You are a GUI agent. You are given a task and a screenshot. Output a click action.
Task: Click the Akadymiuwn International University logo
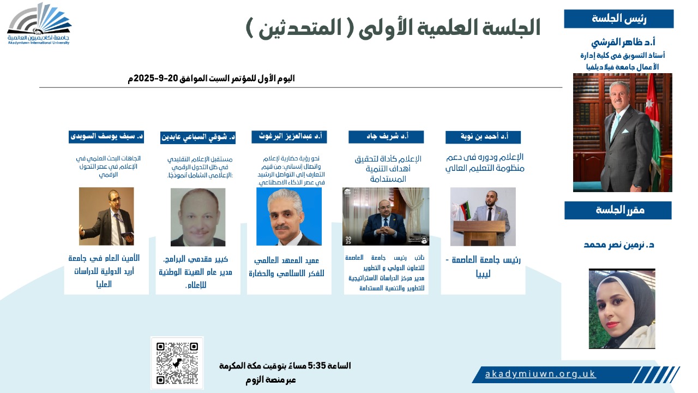coord(39,24)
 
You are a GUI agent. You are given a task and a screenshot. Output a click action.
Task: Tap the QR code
coord(177,363)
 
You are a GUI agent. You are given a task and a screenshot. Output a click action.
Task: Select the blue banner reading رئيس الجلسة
coord(618,19)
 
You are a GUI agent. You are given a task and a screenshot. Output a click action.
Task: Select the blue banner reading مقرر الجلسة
coord(618,210)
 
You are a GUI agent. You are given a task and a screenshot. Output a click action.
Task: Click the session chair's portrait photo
coord(622,133)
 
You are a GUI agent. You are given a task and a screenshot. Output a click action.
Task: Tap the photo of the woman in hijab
coord(622,308)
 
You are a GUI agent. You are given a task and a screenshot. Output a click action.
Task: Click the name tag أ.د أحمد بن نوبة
coord(483,137)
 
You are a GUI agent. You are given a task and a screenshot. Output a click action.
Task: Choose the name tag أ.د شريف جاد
coord(386,137)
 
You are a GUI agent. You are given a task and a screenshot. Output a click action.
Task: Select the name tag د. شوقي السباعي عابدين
coord(198,137)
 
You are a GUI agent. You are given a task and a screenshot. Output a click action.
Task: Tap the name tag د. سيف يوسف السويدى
coord(106,136)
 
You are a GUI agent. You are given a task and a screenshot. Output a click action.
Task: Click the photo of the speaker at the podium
coord(483,217)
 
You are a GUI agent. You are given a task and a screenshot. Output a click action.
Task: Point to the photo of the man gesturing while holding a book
coord(106,217)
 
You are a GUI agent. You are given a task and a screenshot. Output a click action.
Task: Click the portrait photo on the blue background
coord(289,217)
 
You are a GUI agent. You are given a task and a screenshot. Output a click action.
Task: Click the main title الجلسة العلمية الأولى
coord(393,27)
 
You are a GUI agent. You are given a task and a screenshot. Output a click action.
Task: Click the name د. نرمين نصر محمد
coord(619,245)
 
